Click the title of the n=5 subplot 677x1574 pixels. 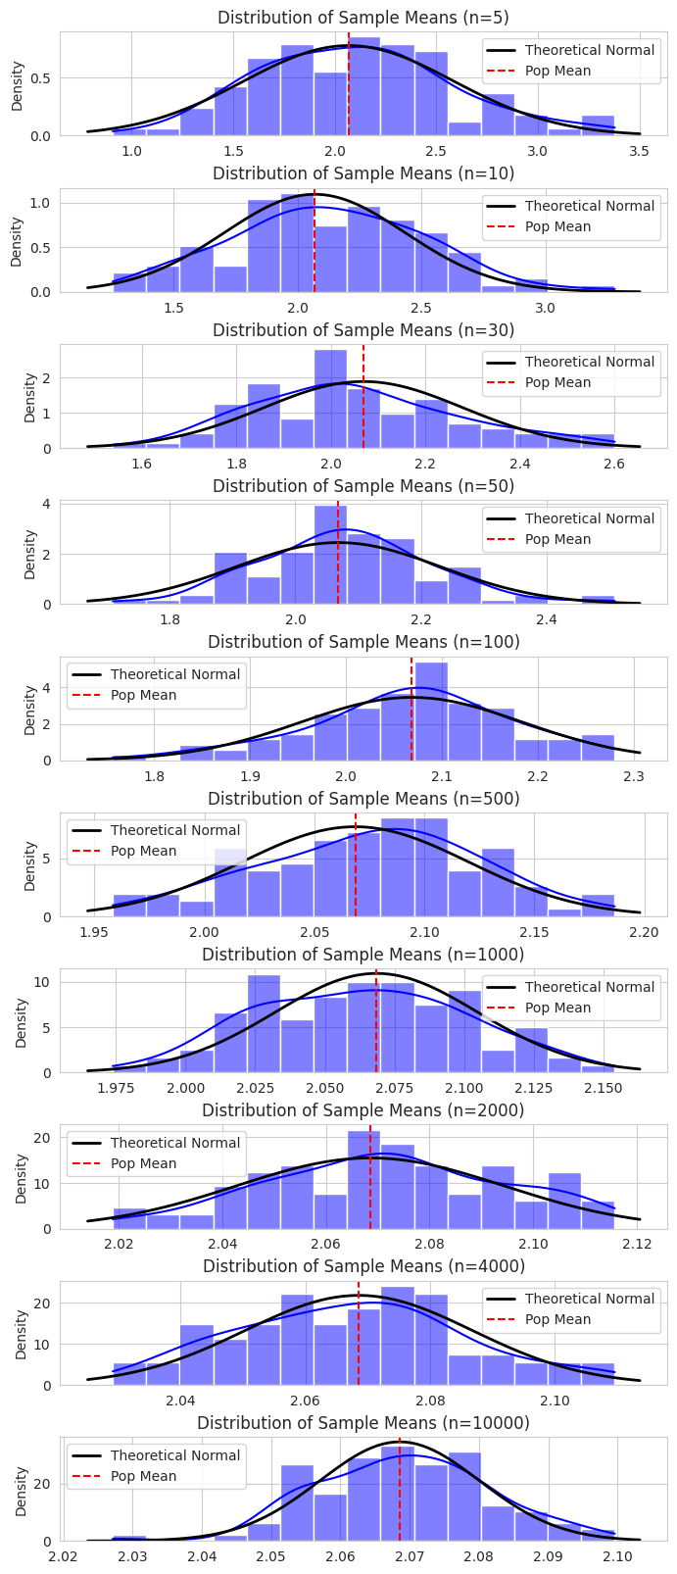point(363,18)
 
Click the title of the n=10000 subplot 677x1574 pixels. point(363,1422)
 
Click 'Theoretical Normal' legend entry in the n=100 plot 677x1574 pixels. point(174,674)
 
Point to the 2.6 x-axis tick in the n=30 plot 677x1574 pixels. point(615,464)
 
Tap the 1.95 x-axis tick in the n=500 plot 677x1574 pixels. point(94,932)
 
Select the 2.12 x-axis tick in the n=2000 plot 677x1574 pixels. point(638,1244)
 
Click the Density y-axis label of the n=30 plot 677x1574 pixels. point(29,397)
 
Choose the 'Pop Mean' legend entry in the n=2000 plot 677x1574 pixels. point(143,1163)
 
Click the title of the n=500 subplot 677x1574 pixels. point(363,799)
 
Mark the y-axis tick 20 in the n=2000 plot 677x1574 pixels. point(44,1138)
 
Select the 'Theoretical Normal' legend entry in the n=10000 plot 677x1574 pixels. point(174,1455)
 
